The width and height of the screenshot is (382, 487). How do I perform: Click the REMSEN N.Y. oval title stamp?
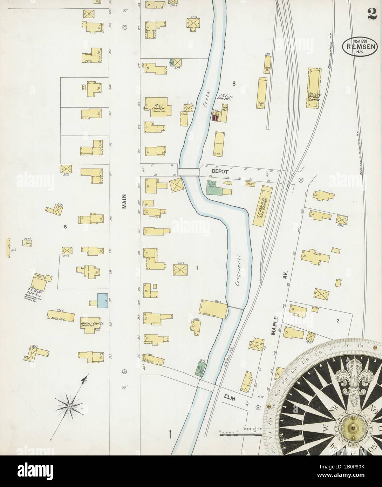357,46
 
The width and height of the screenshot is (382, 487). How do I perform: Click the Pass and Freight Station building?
314,88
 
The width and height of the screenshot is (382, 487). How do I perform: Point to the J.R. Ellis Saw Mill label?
226,97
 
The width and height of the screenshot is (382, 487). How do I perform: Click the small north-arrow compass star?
69,406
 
